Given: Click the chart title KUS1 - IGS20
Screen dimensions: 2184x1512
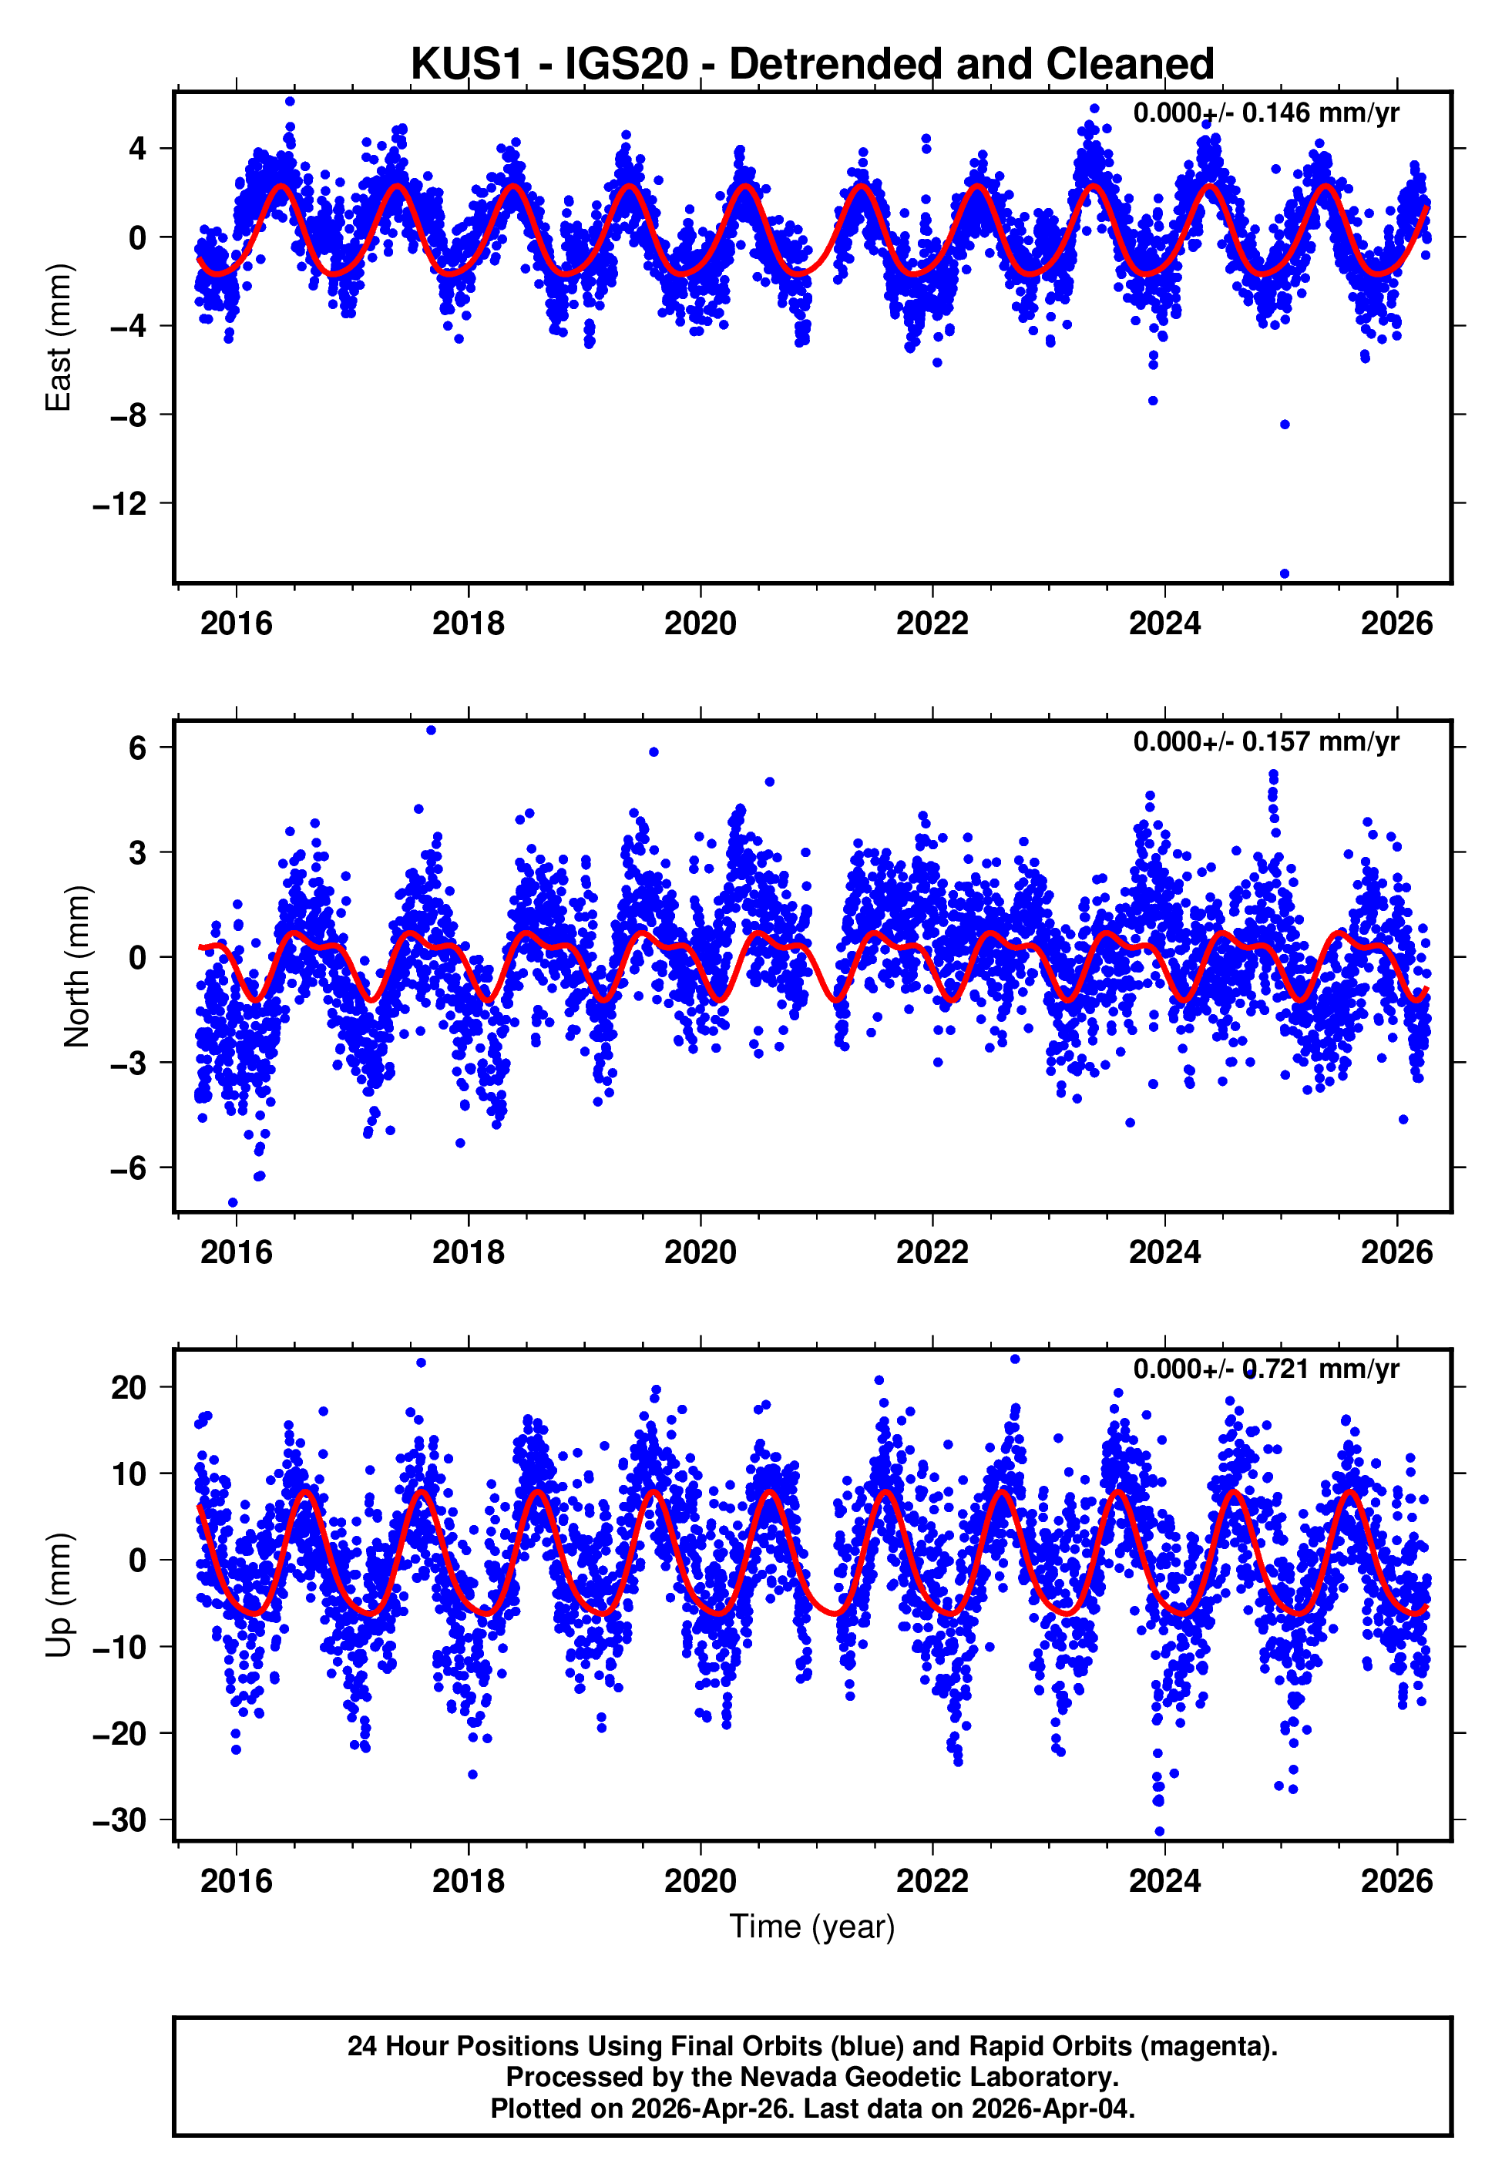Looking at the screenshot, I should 812,65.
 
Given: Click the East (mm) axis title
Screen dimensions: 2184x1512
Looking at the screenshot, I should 59,338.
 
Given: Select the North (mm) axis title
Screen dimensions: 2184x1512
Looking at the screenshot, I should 77,966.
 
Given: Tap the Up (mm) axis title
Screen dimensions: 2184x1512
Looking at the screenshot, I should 59,1595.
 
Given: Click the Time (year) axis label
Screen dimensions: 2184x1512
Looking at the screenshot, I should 812,1927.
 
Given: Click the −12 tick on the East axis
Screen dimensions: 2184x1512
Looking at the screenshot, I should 120,504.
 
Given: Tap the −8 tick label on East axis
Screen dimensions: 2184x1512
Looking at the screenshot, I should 129,415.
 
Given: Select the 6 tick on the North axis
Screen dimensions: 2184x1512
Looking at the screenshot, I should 138,748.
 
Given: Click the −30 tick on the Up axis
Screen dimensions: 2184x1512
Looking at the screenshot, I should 120,1820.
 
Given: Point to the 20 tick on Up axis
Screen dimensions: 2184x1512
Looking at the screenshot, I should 129,1387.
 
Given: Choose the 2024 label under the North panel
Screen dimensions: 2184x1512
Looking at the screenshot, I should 1164,1253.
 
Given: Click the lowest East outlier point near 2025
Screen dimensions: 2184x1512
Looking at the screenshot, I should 1285,574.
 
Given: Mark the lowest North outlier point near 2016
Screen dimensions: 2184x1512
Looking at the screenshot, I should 233,1203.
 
